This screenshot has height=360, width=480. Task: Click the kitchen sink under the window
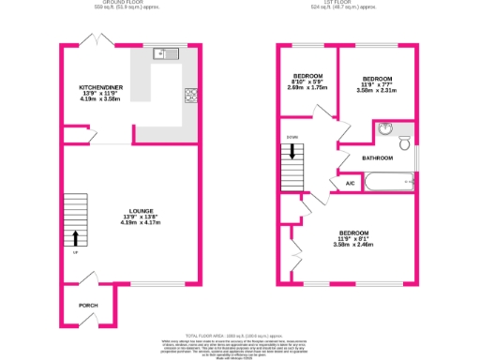pos(166,52)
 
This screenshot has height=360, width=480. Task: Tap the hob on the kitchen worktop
pos(191,94)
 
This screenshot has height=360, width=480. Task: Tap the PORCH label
pos(88,306)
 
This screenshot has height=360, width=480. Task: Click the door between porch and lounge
pos(89,278)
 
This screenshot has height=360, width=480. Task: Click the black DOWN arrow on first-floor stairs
pos(292,150)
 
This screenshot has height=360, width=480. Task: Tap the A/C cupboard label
pos(350,183)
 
